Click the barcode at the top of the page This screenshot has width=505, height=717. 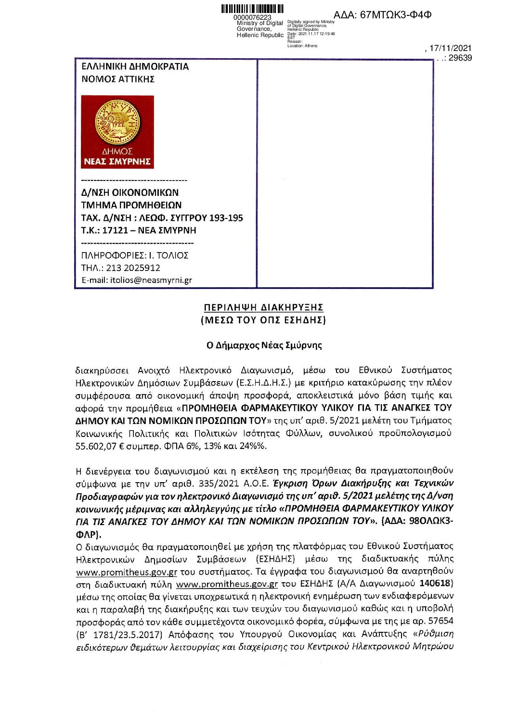pos(252,9)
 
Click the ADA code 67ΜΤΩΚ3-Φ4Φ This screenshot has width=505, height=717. pos(382,15)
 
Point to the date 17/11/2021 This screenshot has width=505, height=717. pos(451,48)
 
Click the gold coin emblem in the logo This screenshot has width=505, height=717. pos(117,122)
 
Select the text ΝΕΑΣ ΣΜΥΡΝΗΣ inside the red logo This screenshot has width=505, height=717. pos(117,162)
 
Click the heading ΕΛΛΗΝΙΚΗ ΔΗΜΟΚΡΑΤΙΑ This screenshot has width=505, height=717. pos(135,66)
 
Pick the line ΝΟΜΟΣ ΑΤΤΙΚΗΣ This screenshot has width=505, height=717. pos(118,79)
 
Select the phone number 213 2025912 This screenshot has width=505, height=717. pos(133,268)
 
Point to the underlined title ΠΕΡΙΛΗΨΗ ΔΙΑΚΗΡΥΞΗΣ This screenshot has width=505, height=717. pos(263,307)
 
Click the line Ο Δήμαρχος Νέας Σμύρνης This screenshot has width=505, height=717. pos(264,345)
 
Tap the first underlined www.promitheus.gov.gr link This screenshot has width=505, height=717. pos(127,572)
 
